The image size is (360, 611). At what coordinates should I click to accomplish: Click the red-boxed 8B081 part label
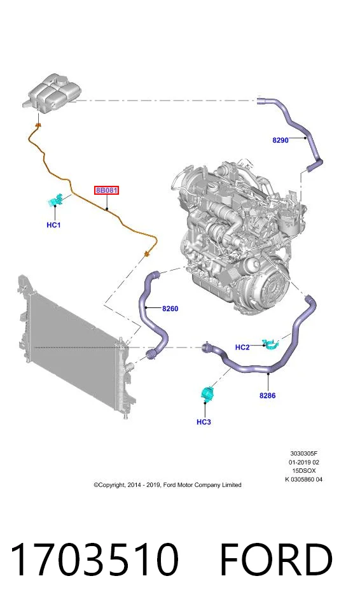tap(106, 190)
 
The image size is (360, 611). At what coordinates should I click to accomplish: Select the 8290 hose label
tap(280, 140)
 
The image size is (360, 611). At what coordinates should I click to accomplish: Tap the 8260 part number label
tap(170, 309)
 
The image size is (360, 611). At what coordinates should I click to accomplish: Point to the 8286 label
tap(267, 395)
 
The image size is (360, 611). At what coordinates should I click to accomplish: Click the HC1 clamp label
tap(53, 225)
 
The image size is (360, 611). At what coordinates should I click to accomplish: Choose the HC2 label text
tap(242, 348)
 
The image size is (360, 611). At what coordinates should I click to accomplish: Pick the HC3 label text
tap(204, 421)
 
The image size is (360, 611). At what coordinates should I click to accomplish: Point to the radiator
tap(76, 347)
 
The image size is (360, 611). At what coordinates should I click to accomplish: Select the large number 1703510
tap(94, 559)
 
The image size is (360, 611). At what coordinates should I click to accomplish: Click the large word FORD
tap(276, 559)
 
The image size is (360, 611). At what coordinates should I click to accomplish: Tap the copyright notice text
tap(167, 485)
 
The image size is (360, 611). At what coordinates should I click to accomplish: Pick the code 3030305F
tap(303, 454)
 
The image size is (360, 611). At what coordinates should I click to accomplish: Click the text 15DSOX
tap(304, 471)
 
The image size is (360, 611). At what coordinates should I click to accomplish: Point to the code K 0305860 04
tap(303, 479)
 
